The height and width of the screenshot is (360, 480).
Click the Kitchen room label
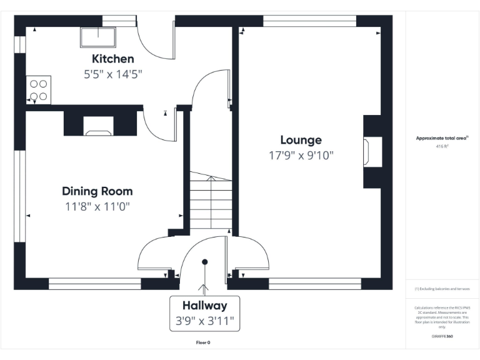pyautogui.click(x=113, y=59)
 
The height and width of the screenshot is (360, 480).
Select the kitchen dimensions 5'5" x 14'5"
pyautogui.click(x=113, y=74)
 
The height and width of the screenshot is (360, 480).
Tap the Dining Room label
pyautogui.click(x=97, y=191)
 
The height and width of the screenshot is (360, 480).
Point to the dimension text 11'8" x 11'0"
pyautogui.click(x=97, y=206)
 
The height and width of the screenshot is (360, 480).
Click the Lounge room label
pyautogui.click(x=301, y=140)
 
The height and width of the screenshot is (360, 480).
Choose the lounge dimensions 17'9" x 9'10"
pyautogui.click(x=301, y=155)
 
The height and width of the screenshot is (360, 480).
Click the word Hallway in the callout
pyautogui.click(x=204, y=306)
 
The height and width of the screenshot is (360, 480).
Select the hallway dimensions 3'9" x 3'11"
pyautogui.click(x=204, y=321)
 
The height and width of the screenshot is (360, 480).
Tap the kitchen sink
pyautogui.click(x=97, y=37)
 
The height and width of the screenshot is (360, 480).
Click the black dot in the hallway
pyautogui.click(x=204, y=262)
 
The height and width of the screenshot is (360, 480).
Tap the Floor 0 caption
pyautogui.click(x=204, y=342)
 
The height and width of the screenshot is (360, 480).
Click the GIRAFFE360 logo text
pyautogui.click(x=442, y=336)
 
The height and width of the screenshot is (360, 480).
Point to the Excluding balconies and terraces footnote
pyautogui.click(x=442, y=289)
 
